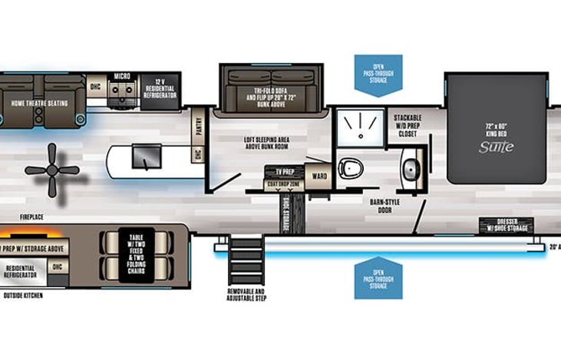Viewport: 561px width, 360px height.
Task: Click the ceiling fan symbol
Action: (52, 170)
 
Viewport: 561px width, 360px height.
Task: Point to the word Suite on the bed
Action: (496, 147)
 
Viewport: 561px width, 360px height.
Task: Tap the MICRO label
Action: (121, 77)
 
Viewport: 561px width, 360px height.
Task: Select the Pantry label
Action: (198, 125)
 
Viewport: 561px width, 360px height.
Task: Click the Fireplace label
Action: (31, 217)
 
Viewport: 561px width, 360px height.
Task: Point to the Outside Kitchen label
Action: (22, 295)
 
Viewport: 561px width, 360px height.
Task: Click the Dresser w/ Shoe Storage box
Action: (506, 225)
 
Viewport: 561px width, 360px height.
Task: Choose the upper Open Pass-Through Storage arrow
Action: (378, 74)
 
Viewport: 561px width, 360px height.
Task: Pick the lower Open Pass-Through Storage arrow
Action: (378, 277)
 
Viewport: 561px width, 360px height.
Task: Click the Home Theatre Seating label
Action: (39, 103)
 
